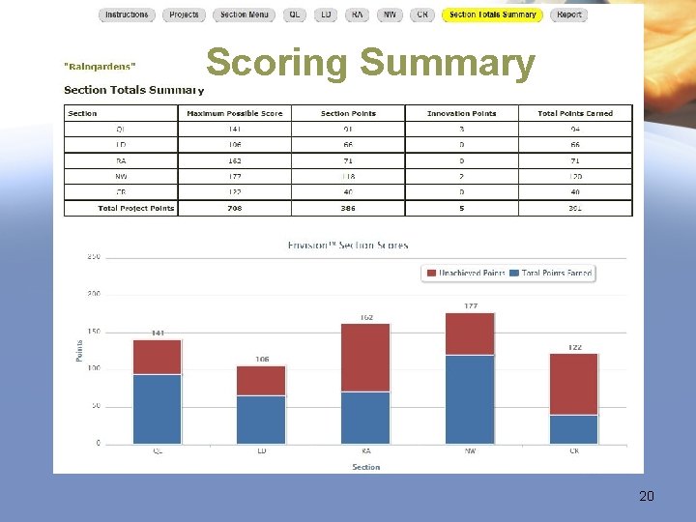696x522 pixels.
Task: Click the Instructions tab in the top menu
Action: click(127, 14)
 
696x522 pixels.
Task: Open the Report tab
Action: click(569, 14)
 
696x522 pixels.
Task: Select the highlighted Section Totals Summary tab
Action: click(492, 14)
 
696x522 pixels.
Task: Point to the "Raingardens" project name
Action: click(100, 66)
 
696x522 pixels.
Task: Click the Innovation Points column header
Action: click(461, 113)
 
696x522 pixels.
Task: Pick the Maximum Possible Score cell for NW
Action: click(234, 177)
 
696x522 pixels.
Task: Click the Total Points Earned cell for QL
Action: click(575, 129)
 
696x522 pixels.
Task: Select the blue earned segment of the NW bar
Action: click(470, 399)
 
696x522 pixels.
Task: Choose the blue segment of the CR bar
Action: click(574, 429)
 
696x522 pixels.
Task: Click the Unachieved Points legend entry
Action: click(467, 274)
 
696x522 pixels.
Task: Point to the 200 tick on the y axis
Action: click(95, 294)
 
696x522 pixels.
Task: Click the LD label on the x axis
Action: click(261, 450)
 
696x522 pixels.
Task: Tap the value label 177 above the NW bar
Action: click(470, 305)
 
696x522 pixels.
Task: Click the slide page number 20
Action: click(647, 496)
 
